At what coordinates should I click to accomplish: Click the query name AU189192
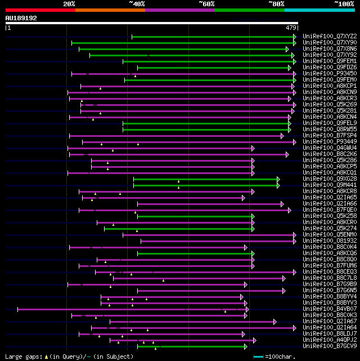[21, 18]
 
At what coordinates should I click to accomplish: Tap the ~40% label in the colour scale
[137, 4]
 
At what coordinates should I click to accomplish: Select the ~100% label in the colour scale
[344, 4]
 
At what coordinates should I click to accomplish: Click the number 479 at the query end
[291, 28]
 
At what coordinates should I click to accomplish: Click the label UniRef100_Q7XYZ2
[329, 37]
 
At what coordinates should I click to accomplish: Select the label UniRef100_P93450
[329, 74]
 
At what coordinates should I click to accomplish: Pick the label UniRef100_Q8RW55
[329, 130]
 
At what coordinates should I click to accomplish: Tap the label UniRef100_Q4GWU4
[329, 148]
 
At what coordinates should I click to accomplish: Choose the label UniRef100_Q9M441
[329, 185]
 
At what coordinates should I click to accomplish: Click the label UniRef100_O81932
[329, 241]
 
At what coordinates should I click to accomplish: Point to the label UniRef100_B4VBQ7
[329, 309]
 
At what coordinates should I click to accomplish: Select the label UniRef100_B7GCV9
[329, 346]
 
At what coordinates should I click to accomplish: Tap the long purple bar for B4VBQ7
[129, 309]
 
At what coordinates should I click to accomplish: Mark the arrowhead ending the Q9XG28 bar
[278, 179]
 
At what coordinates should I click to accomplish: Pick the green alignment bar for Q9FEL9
[205, 123]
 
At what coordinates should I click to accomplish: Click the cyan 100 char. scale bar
[258, 356]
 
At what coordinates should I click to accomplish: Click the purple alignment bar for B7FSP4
[174, 136]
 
